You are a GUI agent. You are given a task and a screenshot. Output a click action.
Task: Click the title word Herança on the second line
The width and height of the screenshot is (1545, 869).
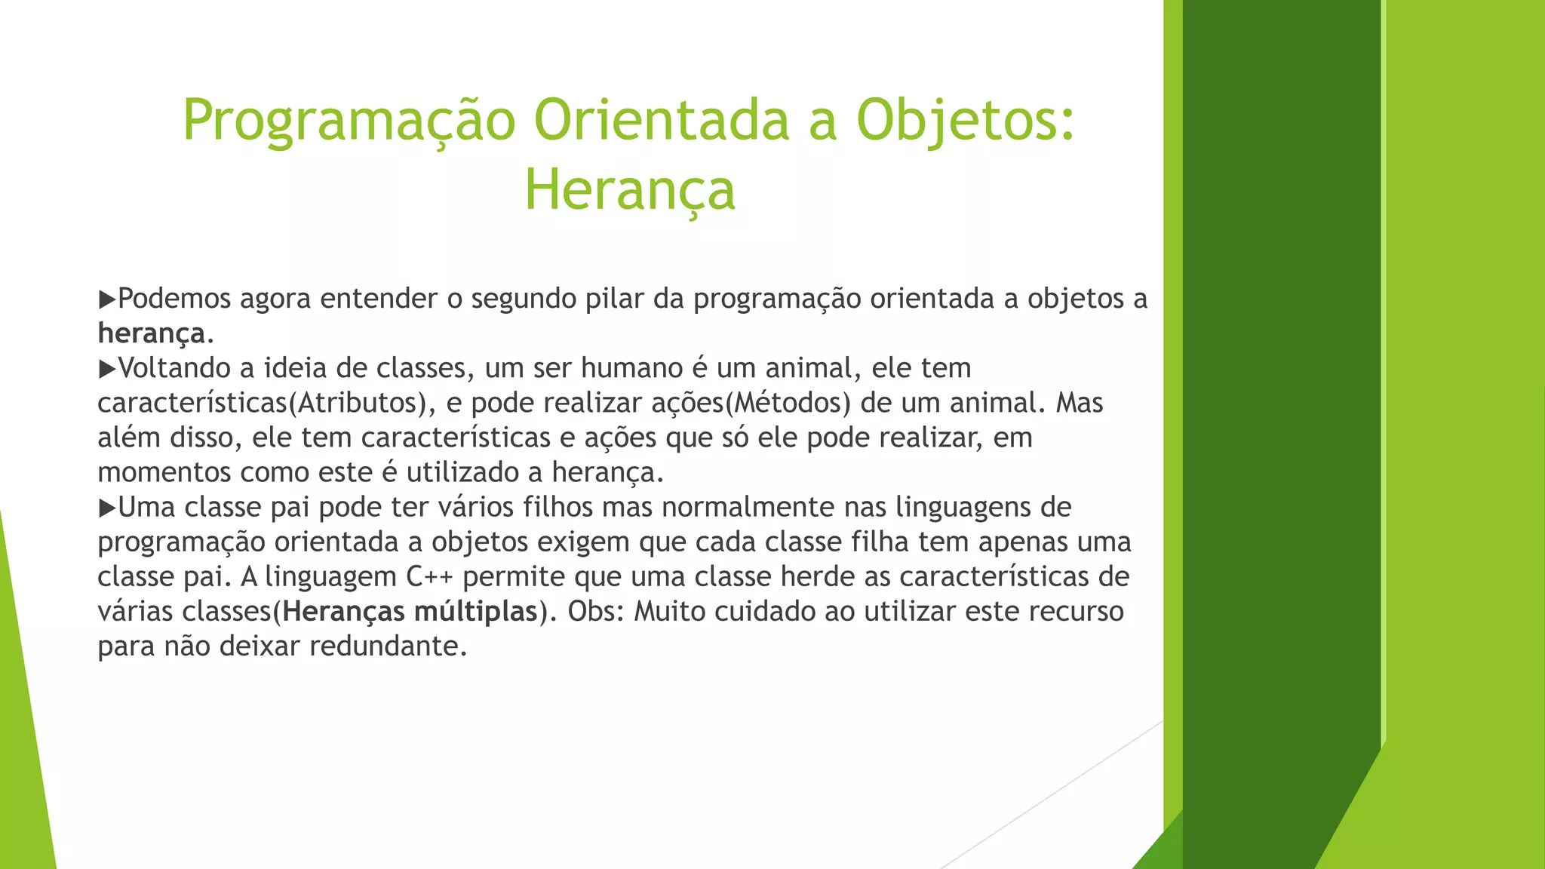pyautogui.click(x=629, y=190)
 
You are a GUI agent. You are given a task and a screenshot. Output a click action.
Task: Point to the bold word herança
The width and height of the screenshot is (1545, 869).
pyautogui.click(x=151, y=333)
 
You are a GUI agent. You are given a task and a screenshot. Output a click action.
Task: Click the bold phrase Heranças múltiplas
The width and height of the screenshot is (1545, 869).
pyautogui.click(x=410, y=611)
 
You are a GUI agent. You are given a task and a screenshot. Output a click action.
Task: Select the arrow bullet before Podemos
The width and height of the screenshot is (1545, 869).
pyautogui.click(x=106, y=299)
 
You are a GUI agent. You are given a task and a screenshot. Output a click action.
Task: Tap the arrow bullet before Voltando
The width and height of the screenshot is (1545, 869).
pyautogui.click(x=106, y=369)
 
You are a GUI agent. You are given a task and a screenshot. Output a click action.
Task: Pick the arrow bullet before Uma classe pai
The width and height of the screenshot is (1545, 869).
pyautogui.click(x=106, y=508)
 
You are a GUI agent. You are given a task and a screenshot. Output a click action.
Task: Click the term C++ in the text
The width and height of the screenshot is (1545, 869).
pyautogui.click(x=429, y=577)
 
